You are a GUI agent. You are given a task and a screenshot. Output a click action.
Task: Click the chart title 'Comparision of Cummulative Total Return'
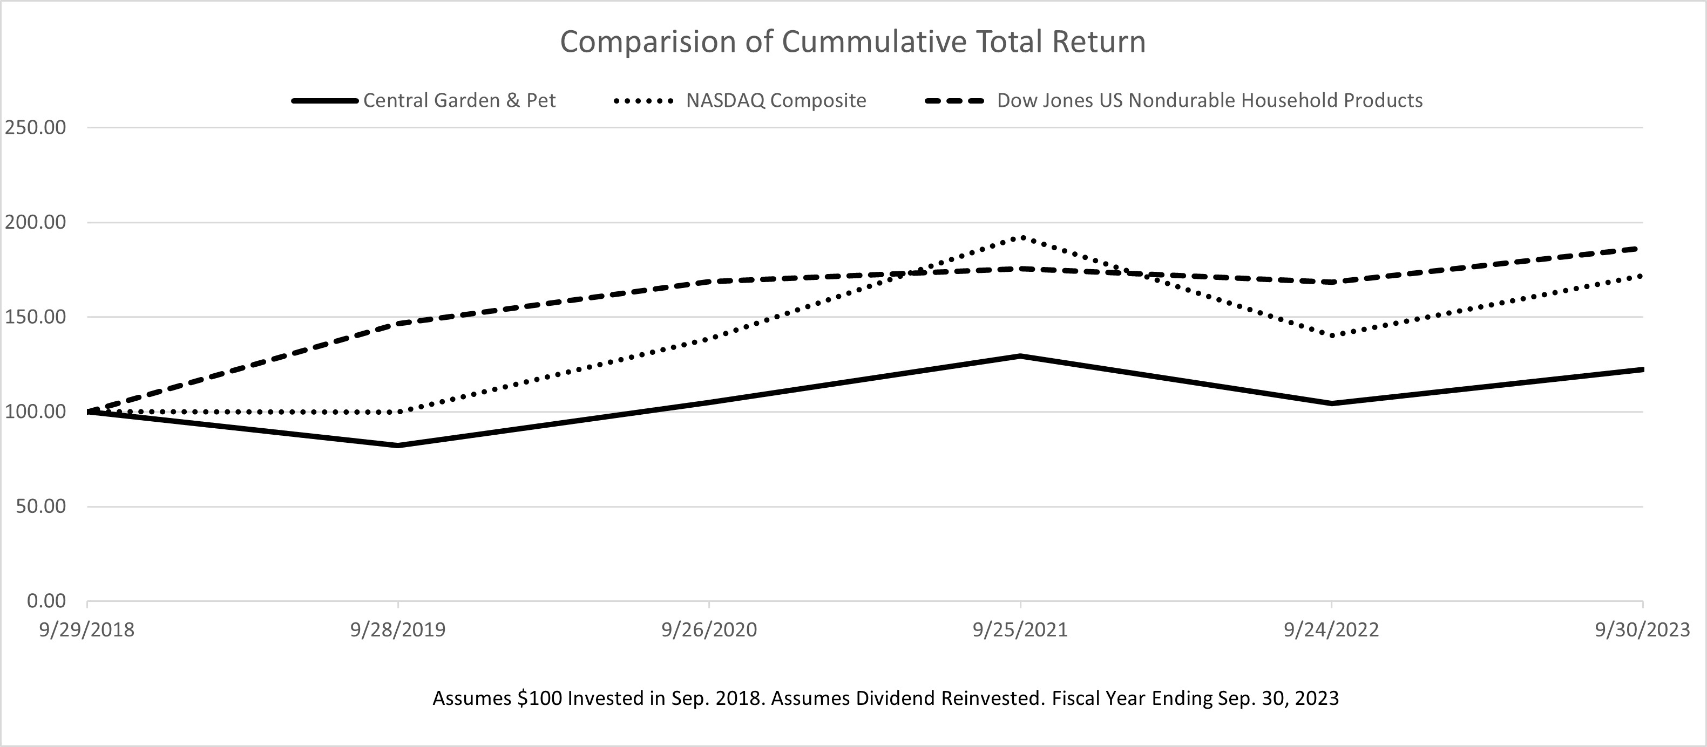click(x=853, y=42)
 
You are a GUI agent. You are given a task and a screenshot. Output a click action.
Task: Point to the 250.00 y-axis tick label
click(x=36, y=127)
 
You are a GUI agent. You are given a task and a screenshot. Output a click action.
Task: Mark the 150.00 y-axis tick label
click(x=36, y=317)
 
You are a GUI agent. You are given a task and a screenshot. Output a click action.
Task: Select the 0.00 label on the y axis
click(x=46, y=601)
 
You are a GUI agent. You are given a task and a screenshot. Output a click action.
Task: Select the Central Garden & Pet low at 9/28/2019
click(x=397, y=446)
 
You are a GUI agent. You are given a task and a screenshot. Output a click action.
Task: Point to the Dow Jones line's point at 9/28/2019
click(x=397, y=323)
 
